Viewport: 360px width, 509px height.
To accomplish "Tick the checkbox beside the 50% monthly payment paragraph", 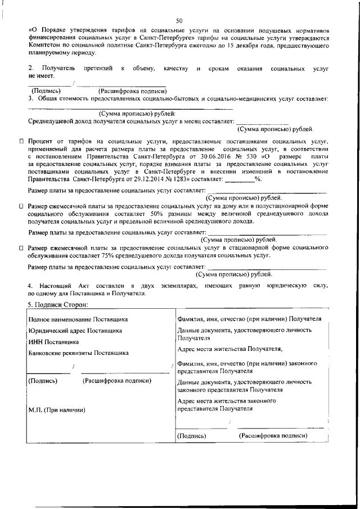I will coord(21,207).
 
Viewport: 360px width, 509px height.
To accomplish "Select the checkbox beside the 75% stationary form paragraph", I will coord(21,247).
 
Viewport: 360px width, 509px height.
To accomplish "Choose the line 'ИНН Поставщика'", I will coord(54,341).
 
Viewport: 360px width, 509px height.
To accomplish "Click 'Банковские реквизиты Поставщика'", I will coord(78,353).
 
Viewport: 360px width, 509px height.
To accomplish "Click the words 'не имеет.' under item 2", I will coord(41,75).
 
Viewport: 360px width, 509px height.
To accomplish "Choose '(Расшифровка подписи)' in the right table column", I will coord(273,435).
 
